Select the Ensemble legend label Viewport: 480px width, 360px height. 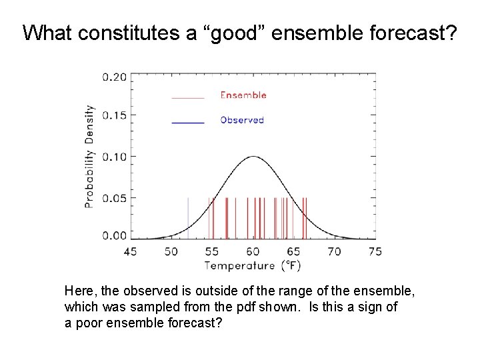click(x=243, y=95)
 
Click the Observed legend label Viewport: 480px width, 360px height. click(x=242, y=120)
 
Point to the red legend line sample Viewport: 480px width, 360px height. click(x=188, y=97)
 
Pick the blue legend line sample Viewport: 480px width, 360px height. click(x=188, y=122)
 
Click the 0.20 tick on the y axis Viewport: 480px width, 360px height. click(x=113, y=77)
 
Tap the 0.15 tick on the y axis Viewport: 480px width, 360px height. click(x=113, y=116)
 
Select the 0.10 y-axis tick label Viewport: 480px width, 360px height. click(x=113, y=156)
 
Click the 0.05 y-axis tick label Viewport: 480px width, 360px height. click(x=113, y=197)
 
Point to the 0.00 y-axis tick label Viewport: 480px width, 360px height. click(x=113, y=235)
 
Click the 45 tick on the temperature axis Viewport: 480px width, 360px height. click(x=131, y=251)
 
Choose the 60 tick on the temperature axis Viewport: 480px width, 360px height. click(x=253, y=251)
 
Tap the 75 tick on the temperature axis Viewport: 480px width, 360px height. click(x=375, y=251)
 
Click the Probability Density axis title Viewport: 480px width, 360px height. click(x=89, y=156)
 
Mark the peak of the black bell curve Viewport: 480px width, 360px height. click(x=253, y=157)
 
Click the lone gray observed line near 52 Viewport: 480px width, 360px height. click(x=187, y=218)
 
